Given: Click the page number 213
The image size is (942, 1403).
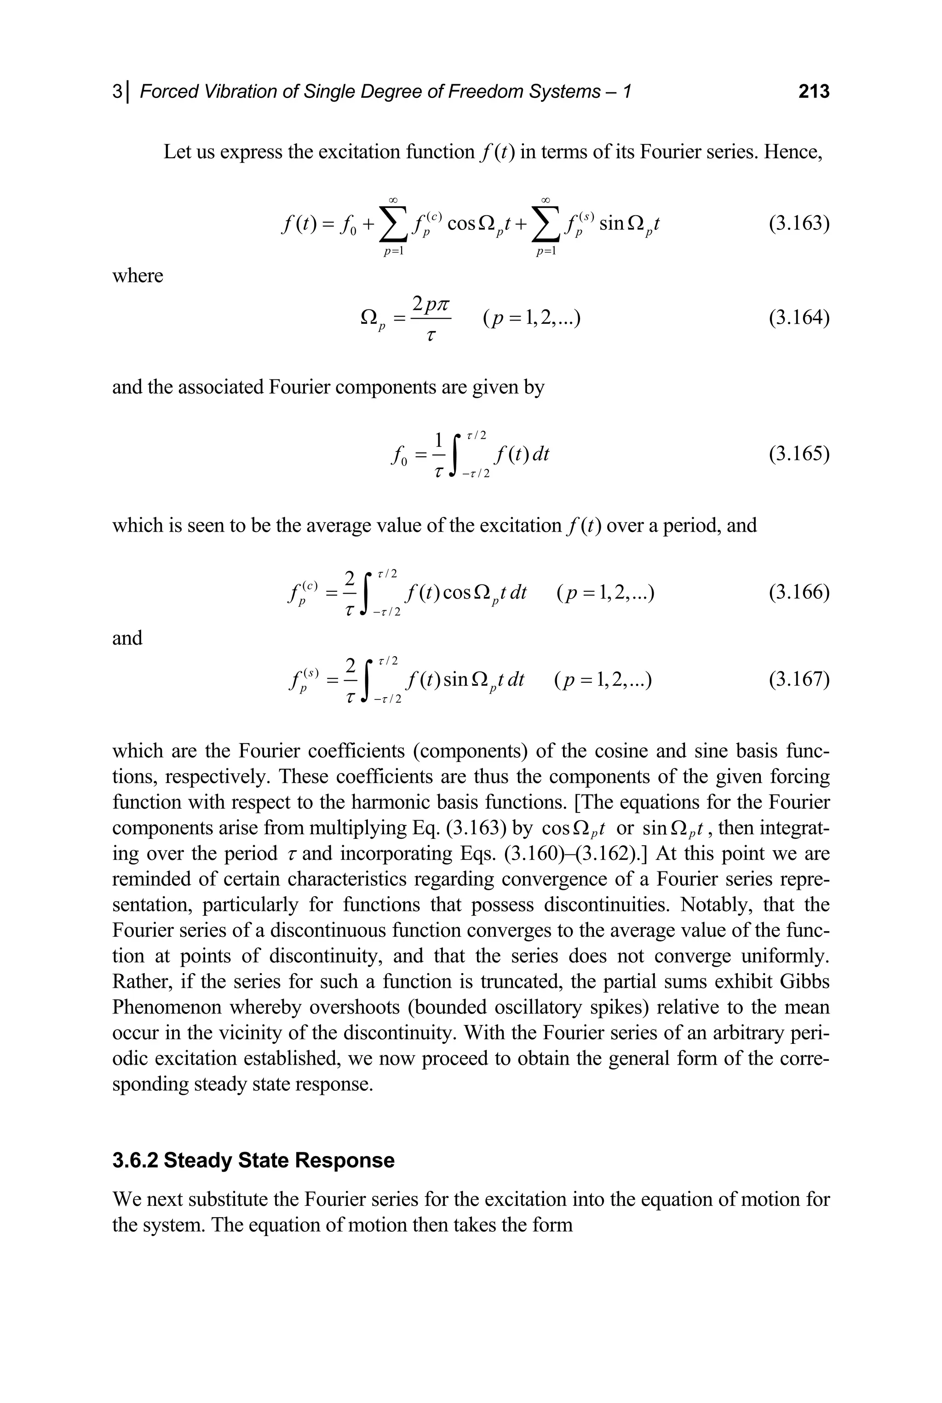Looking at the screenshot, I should click(x=813, y=92).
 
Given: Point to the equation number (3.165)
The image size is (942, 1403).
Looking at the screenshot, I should click(x=799, y=453).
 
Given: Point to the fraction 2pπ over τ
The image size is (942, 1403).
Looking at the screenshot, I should click(x=430, y=318).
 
